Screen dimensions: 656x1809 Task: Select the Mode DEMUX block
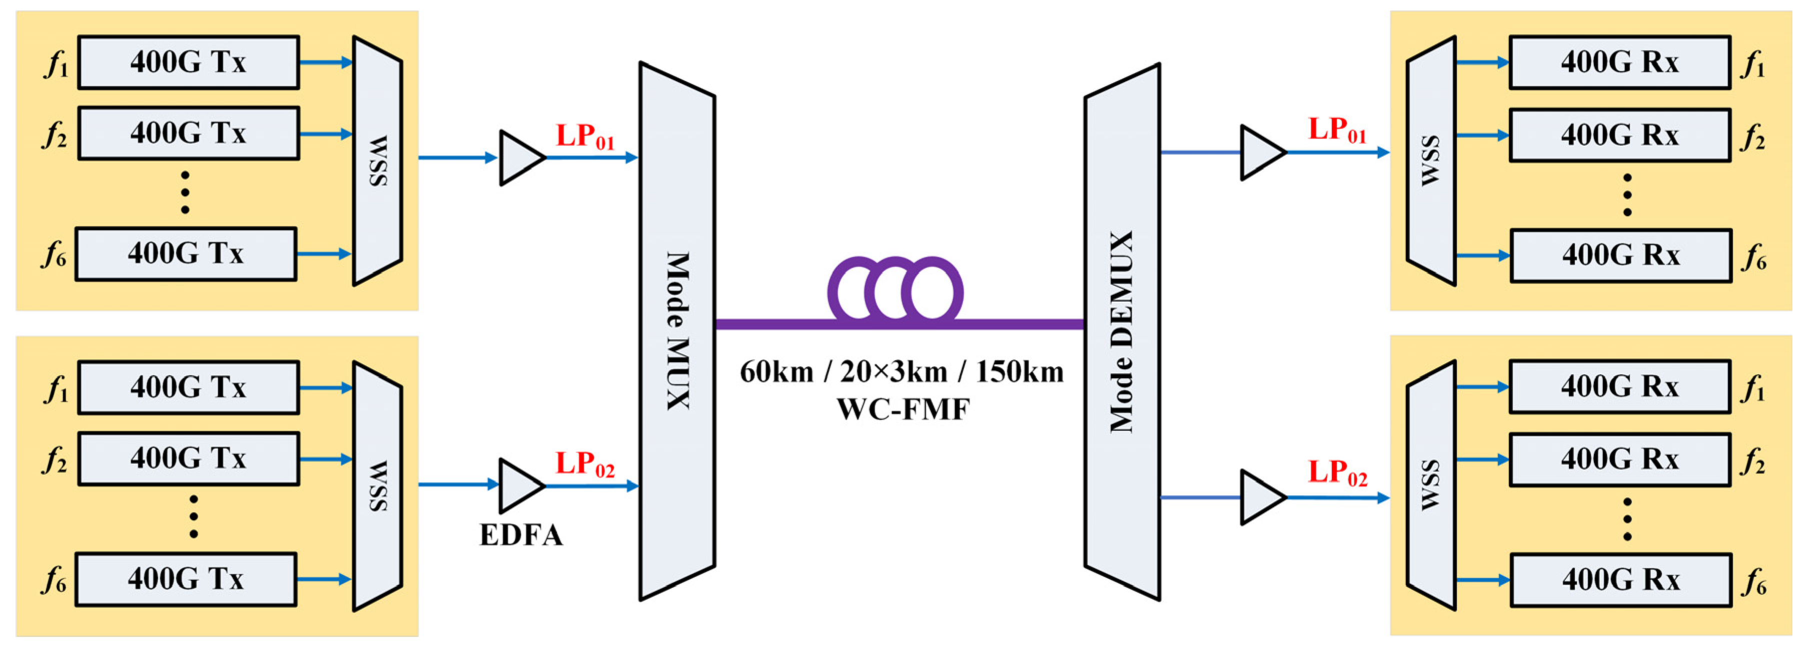point(1121,332)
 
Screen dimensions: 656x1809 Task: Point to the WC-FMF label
point(903,409)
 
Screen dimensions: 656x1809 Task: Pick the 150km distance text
point(1020,372)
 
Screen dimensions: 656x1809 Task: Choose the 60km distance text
point(777,372)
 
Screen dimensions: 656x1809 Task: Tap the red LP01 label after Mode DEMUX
point(1337,130)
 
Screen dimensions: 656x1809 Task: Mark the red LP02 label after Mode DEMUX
point(1337,473)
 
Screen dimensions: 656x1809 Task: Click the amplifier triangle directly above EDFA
point(520,485)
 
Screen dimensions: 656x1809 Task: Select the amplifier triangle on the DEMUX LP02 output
point(1261,497)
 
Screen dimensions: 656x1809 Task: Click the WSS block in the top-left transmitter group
point(378,161)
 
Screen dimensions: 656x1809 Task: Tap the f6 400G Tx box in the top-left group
point(186,254)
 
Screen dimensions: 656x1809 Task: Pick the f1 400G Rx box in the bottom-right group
point(1619,387)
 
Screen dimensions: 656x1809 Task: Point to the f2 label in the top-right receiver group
point(1753,138)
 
